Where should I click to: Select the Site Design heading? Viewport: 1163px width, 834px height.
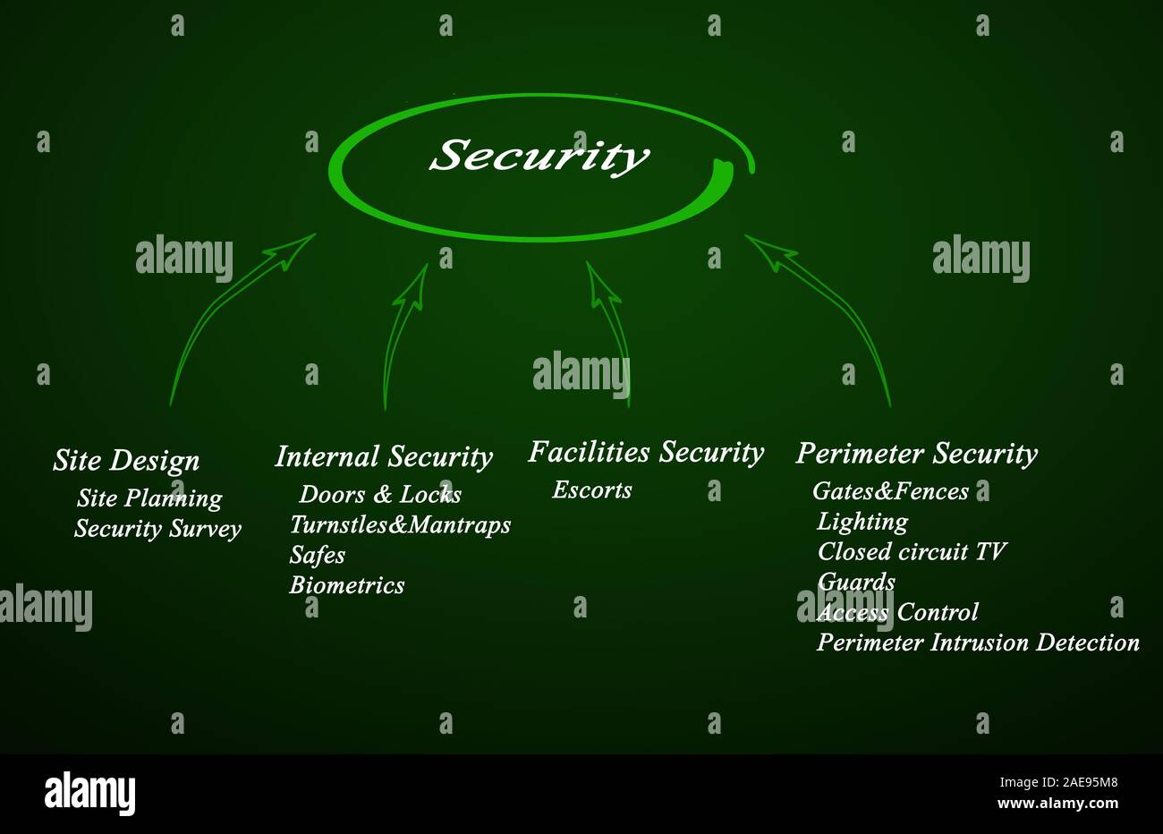(126, 461)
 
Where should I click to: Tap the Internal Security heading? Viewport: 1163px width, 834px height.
(384, 457)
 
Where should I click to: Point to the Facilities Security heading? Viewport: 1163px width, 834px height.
(645, 453)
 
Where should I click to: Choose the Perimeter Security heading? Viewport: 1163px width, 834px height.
(916, 454)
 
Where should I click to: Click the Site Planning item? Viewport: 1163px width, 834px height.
(149, 498)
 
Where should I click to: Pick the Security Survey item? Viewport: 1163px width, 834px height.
(157, 529)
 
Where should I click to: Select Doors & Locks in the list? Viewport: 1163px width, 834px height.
(380, 495)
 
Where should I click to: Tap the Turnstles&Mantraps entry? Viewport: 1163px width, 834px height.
(400, 524)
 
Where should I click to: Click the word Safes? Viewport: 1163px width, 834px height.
(318, 556)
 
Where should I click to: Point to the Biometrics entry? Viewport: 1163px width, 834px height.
(347, 585)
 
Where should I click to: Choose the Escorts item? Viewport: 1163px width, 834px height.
(592, 490)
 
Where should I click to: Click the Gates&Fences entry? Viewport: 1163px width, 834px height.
(890, 491)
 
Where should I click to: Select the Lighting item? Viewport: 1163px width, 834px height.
(862, 522)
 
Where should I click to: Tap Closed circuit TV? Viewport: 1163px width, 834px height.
(912, 551)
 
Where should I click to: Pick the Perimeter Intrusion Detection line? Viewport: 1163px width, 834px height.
(978, 643)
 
